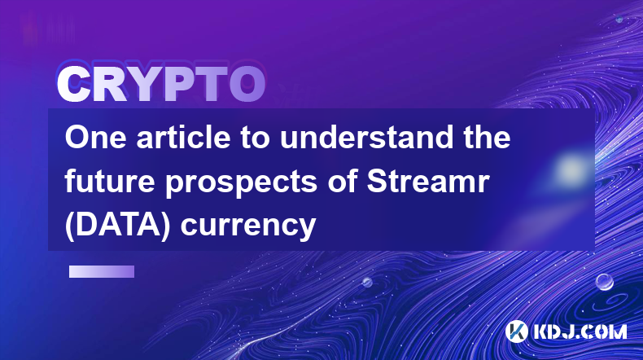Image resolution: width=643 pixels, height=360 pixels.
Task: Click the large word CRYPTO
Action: click(161, 85)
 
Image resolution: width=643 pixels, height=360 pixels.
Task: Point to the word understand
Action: click(366, 137)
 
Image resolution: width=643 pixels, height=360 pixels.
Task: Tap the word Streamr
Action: click(428, 181)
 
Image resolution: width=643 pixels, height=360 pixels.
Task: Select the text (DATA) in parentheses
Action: click(117, 226)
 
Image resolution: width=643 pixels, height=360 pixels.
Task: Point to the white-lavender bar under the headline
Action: click(102, 271)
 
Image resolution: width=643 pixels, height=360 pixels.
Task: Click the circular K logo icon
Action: click(516, 331)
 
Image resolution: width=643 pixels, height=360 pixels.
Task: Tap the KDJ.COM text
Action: click(580, 331)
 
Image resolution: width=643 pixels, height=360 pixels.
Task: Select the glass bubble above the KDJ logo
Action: click(605, 282)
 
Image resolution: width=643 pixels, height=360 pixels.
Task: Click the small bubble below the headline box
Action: click(367, 282)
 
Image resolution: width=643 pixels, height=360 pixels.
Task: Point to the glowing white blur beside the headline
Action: click(571, 169)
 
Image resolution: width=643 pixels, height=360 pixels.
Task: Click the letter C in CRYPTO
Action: click(73, 85)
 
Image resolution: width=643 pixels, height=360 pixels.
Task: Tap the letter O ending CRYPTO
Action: click(247, 85)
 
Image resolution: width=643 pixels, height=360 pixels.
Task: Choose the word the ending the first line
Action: click(488, 137)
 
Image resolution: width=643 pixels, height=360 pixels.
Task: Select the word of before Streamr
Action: click(343, 181)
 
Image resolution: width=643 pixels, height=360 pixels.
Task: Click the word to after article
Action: click(255, 138)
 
